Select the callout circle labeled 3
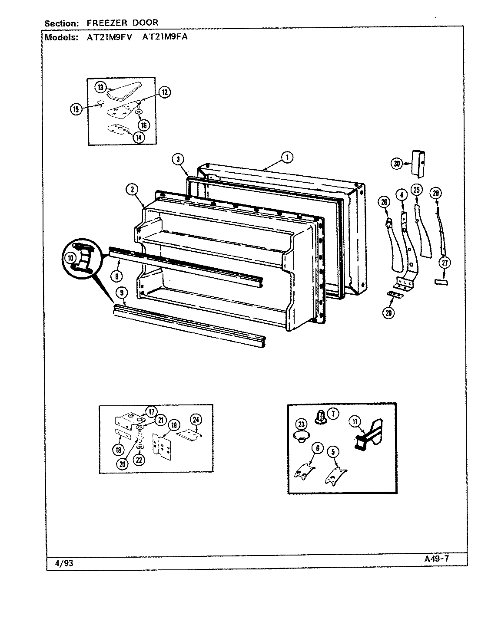177,159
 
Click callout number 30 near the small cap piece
396,164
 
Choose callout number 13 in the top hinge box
100,88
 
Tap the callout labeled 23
301,424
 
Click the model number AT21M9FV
109,37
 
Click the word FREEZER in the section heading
96,23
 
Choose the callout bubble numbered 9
123,294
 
